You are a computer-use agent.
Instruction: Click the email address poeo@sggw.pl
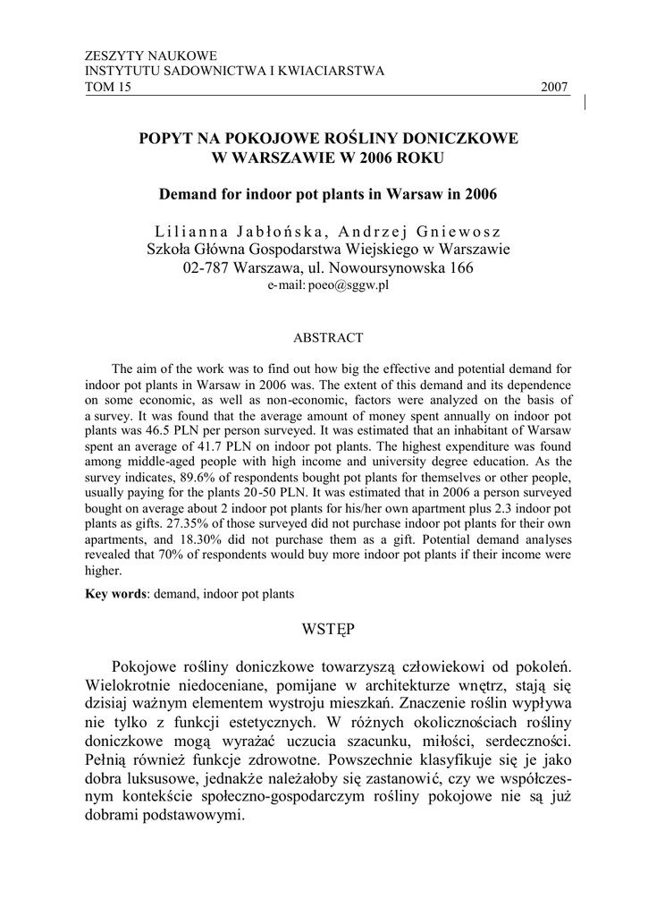(x=349, y=285)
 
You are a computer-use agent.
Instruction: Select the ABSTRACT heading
(x=328, y=338)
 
